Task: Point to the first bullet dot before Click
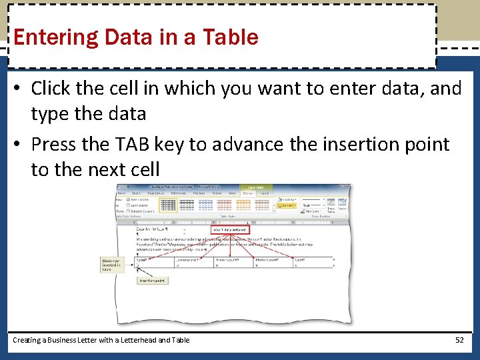click(19, 89)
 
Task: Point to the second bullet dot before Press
click(19, 145)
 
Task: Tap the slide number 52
click(459, 340)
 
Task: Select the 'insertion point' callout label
click(151, 281)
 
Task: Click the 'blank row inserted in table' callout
click(110, 265)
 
